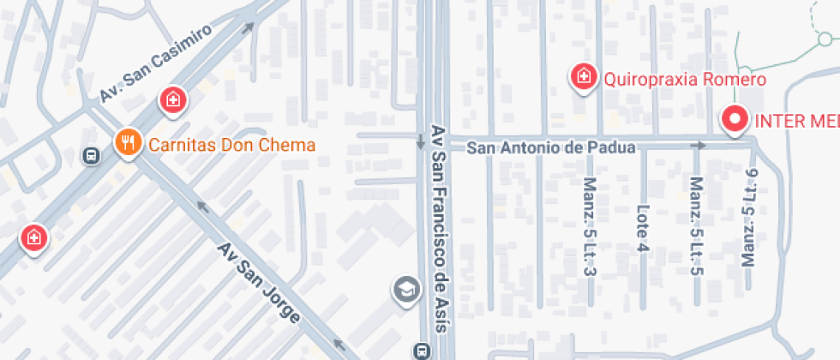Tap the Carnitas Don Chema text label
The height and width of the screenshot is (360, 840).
click(231, 144)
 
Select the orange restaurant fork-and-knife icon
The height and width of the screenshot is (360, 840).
click(128, 143)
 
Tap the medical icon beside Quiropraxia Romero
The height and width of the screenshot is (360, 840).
click(584, 76)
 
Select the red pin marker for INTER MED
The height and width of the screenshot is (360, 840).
click(735, 120)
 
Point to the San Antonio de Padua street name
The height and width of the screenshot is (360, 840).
click(550, 147)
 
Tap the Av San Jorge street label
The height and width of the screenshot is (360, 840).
click(259, 283)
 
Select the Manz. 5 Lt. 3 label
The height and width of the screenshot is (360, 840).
click(589, 227)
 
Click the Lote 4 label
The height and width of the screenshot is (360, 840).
click(642, 228)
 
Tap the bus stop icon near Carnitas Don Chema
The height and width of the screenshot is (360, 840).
click(89, 155)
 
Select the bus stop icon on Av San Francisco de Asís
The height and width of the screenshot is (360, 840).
click(421, 351)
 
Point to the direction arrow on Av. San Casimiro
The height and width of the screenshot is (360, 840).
click(249, 27)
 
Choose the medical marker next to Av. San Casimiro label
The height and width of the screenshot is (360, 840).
click(173, 100)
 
